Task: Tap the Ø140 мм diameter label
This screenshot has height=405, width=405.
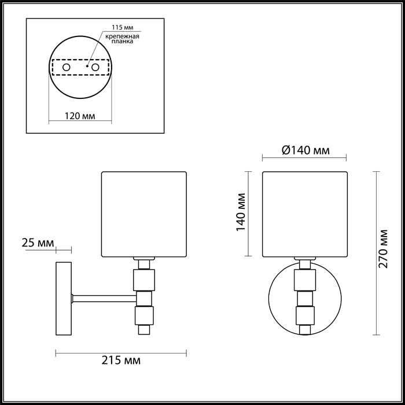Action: (x=305, y=150)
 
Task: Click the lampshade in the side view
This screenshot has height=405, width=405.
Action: (x=144, y=213)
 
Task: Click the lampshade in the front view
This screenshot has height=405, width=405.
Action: (x=304, y=213)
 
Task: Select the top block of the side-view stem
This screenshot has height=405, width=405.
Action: (x=143, y=281)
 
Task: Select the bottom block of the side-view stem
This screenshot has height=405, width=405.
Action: (x=143, y=315)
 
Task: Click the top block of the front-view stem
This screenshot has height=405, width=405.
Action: (x=304, y=281)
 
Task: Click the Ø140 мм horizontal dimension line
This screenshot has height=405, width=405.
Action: (x=304, y=159)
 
